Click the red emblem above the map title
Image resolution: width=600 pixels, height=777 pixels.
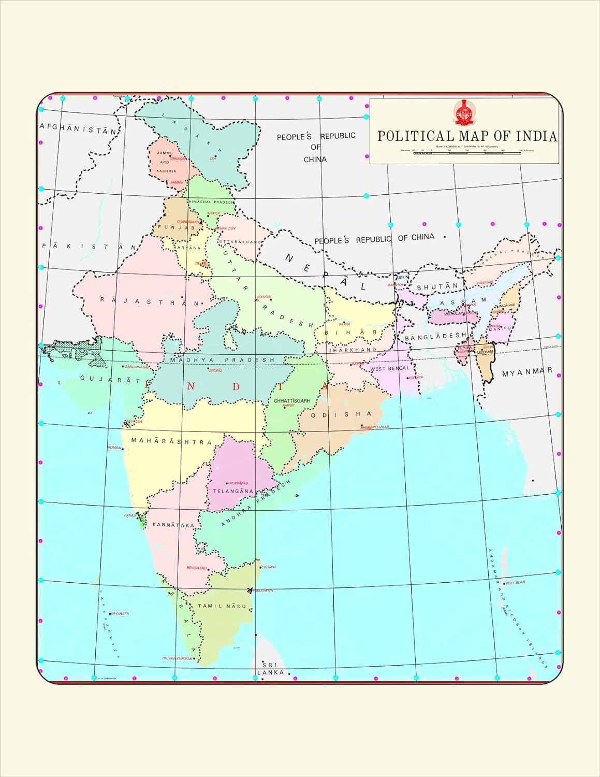(464, 112)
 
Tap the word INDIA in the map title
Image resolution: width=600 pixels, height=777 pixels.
(536, 136)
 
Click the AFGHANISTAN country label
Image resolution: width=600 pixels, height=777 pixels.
(78, 128)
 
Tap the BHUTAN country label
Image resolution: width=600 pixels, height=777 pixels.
(437, 286)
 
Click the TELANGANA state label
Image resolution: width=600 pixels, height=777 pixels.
(233, 491)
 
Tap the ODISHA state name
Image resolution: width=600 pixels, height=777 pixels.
(341, 414)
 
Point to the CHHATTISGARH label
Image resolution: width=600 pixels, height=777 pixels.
(292, 401)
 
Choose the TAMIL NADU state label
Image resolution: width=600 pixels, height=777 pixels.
(222, 606)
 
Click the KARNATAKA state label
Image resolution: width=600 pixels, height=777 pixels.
(173, 525)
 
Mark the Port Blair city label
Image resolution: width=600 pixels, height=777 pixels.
(515, 583)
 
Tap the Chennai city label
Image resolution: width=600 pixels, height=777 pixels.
(269, 567)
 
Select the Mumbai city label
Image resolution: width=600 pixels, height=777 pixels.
(114, 448)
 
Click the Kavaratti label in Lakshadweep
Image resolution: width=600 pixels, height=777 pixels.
(120, 613)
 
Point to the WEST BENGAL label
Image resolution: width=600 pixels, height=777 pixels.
(389, 369)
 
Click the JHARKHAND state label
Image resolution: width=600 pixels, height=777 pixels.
(352, 350)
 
